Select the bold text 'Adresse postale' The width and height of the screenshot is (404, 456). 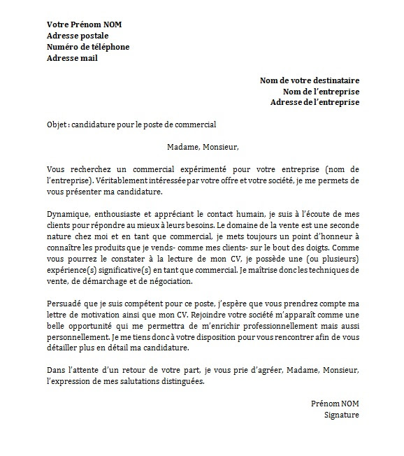(x=78, y=36)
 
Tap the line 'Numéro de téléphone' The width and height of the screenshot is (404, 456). (x=88, y=47)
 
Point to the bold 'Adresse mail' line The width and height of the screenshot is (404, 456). (x=72, y=58)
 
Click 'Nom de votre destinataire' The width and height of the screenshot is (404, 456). (x=310, y=80)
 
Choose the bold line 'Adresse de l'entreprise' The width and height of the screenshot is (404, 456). (x=315, y=102)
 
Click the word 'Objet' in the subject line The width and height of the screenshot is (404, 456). (x=57, y=124)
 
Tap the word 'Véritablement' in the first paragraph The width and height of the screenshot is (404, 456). (x=111, y=180)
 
